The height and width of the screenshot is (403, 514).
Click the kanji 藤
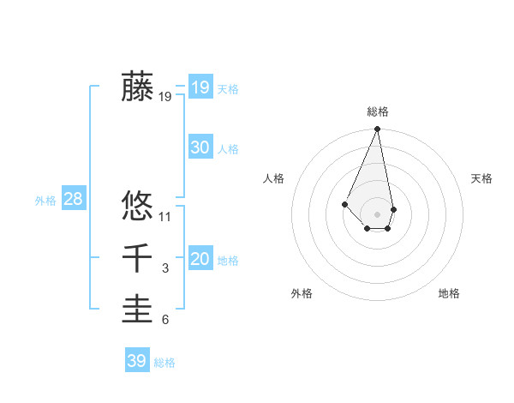[x=137, y=87]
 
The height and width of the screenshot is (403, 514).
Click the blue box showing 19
[x=200, y=87]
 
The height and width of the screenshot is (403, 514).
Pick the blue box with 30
[x=200, y=147]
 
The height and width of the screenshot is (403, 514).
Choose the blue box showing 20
[x=200, y=259]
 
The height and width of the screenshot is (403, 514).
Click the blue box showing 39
[x=136, y=361]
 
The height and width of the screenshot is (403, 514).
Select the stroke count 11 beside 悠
[x=165, y=217]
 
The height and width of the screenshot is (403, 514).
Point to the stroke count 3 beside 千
[x=165, y=268]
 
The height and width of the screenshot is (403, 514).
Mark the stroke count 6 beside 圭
[x=165, y=320]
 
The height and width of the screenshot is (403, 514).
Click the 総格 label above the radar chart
[x=378, y=111]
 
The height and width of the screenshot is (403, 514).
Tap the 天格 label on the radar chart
[x=481, y=178]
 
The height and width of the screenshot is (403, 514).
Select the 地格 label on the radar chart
[x=449, y=293]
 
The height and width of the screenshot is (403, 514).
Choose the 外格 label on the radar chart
[x=302, y=293]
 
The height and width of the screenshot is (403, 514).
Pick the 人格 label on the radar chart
[x=274, y=178]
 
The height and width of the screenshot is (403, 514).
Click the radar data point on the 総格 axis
[x=378, y=129]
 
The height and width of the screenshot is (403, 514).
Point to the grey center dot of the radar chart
[x=378, y=214]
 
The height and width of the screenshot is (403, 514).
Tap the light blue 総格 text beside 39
[x=164, y=363]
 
